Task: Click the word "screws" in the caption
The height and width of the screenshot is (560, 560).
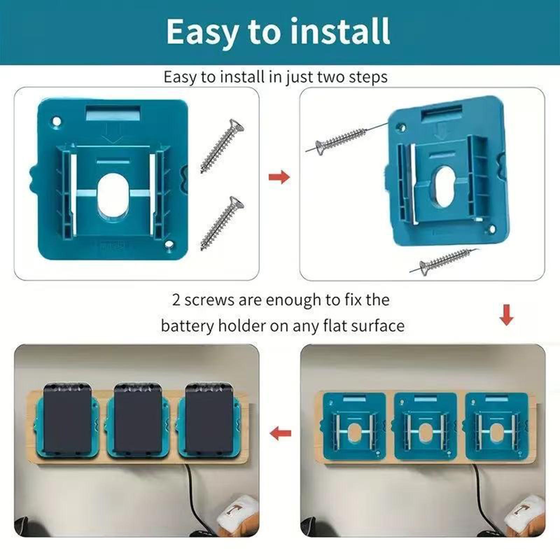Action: pyautogui.click(x=209, y=300)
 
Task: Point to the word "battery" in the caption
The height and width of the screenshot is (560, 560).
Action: pyautogui.click(x=188, y=326)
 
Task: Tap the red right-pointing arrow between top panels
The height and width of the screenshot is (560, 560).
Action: pyautogui.click(x=279, y=177)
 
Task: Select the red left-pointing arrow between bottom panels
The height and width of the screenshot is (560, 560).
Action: pyautogui.click(x=280, y=433)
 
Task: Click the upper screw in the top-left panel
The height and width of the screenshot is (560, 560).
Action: pyautogui.click(x=222, y=146)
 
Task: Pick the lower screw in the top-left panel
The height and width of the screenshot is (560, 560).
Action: pyautogui.click(x=222, y=223)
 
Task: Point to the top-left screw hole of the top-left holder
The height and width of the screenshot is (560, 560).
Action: pyautogui.click(x=56, y=122)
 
